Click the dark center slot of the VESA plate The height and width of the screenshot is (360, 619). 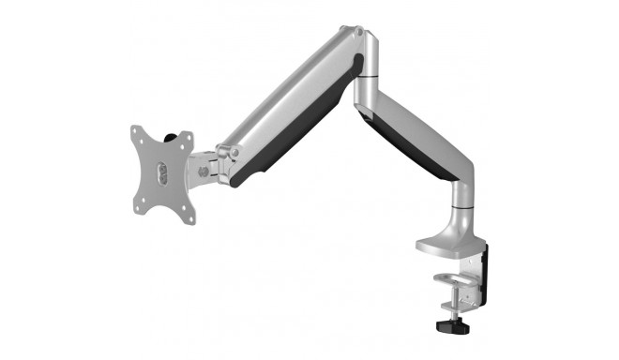[x=162, y=174]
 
